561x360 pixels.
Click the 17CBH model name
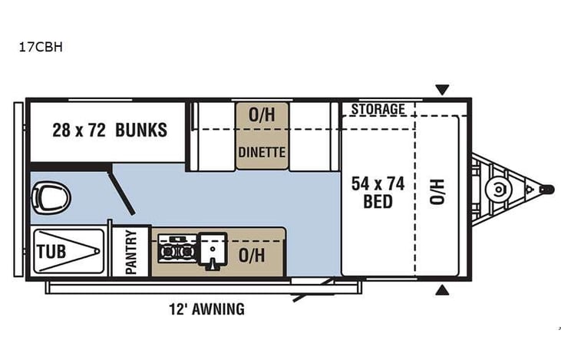[x=41, y=46]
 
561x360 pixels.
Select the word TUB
[x=51, y=251]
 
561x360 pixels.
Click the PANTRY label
[x=130, y=253]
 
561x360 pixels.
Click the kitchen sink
[x=211, y=251]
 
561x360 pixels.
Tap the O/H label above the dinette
[x=262, y=114]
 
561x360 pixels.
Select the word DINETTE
[x=262, y=153]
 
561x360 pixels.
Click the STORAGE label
[x=378, y=110]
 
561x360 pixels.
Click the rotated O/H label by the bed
[x=437, y=191]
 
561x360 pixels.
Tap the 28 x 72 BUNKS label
[x=110, y=130]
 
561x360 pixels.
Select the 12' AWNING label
[x=206, y=310]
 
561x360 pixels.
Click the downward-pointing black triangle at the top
[x=442, y=90]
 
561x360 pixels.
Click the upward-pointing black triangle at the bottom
[x=442, y=289]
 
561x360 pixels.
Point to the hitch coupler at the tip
[x=546, y=187]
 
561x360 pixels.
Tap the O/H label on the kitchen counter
[x=252, y=256]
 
